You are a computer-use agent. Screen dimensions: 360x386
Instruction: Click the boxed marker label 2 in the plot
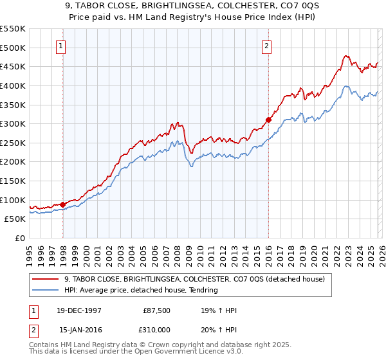coord(266,45)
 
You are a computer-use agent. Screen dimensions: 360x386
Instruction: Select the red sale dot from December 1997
coord(62,204)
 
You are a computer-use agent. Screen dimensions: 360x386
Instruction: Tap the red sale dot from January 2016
coord(268,119)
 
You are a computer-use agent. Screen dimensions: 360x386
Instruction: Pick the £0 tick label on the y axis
coord(21,239)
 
